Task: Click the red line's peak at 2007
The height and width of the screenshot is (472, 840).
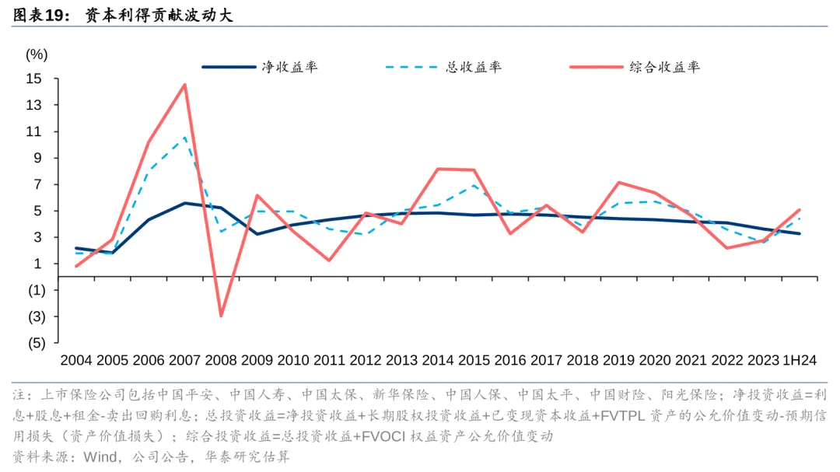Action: [x=184, y=85]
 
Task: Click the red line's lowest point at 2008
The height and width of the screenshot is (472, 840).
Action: [x=221, y=316]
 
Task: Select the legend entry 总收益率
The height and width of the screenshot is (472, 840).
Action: [x=473, y=67]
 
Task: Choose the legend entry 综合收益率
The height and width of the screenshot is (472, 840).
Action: [x=664, y=67]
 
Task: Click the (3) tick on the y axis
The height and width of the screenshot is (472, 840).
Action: [x=36, y=316]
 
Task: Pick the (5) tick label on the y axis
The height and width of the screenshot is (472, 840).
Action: [x=36, y=343]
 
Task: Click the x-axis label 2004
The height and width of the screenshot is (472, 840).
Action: [x=76, y=360]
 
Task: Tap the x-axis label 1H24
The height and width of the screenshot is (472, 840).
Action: [x=800, y=360]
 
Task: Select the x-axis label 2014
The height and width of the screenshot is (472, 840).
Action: [x=438, y=360]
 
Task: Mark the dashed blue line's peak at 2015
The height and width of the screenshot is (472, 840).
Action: [x=474, y=186]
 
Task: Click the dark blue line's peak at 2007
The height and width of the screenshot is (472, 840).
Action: [x=184, y=203]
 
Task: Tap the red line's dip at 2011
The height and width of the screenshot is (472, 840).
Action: [x=329, y=260]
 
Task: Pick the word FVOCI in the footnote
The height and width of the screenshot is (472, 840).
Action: [x=379, y=436]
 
